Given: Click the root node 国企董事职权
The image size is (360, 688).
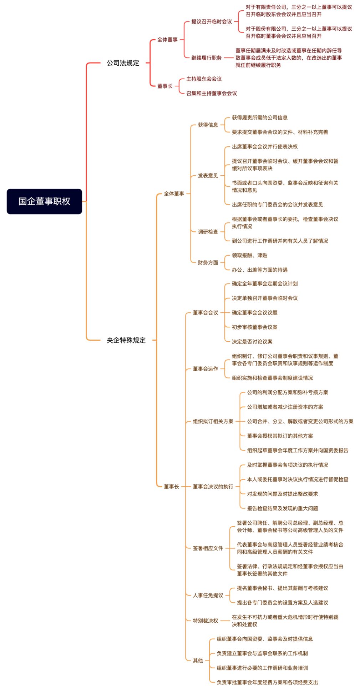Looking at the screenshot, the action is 44,201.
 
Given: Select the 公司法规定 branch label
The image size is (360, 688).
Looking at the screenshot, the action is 123,63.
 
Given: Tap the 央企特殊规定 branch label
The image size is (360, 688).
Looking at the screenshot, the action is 126,340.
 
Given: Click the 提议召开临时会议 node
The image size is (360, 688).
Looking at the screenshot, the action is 212,21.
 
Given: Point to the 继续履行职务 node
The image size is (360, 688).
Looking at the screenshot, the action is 207,58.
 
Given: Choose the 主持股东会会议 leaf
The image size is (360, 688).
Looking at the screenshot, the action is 204,79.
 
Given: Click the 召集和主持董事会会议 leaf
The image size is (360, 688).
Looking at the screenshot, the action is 212,93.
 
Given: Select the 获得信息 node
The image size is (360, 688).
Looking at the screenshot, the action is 208,125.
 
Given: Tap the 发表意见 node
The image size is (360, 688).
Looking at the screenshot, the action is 208,176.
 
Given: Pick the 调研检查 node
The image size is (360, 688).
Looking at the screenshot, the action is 208,232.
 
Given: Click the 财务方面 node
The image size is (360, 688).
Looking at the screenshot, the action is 208,263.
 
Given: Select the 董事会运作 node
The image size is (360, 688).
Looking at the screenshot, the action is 206,369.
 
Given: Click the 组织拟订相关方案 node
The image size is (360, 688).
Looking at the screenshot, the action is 213,421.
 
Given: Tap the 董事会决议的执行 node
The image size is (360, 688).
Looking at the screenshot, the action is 213,487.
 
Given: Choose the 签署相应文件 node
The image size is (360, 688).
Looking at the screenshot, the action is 208,548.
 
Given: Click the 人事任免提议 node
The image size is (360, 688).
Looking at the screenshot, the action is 208,596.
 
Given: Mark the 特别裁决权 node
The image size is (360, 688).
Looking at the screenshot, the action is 206,621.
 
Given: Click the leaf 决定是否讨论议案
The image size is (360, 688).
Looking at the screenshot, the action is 252,342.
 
